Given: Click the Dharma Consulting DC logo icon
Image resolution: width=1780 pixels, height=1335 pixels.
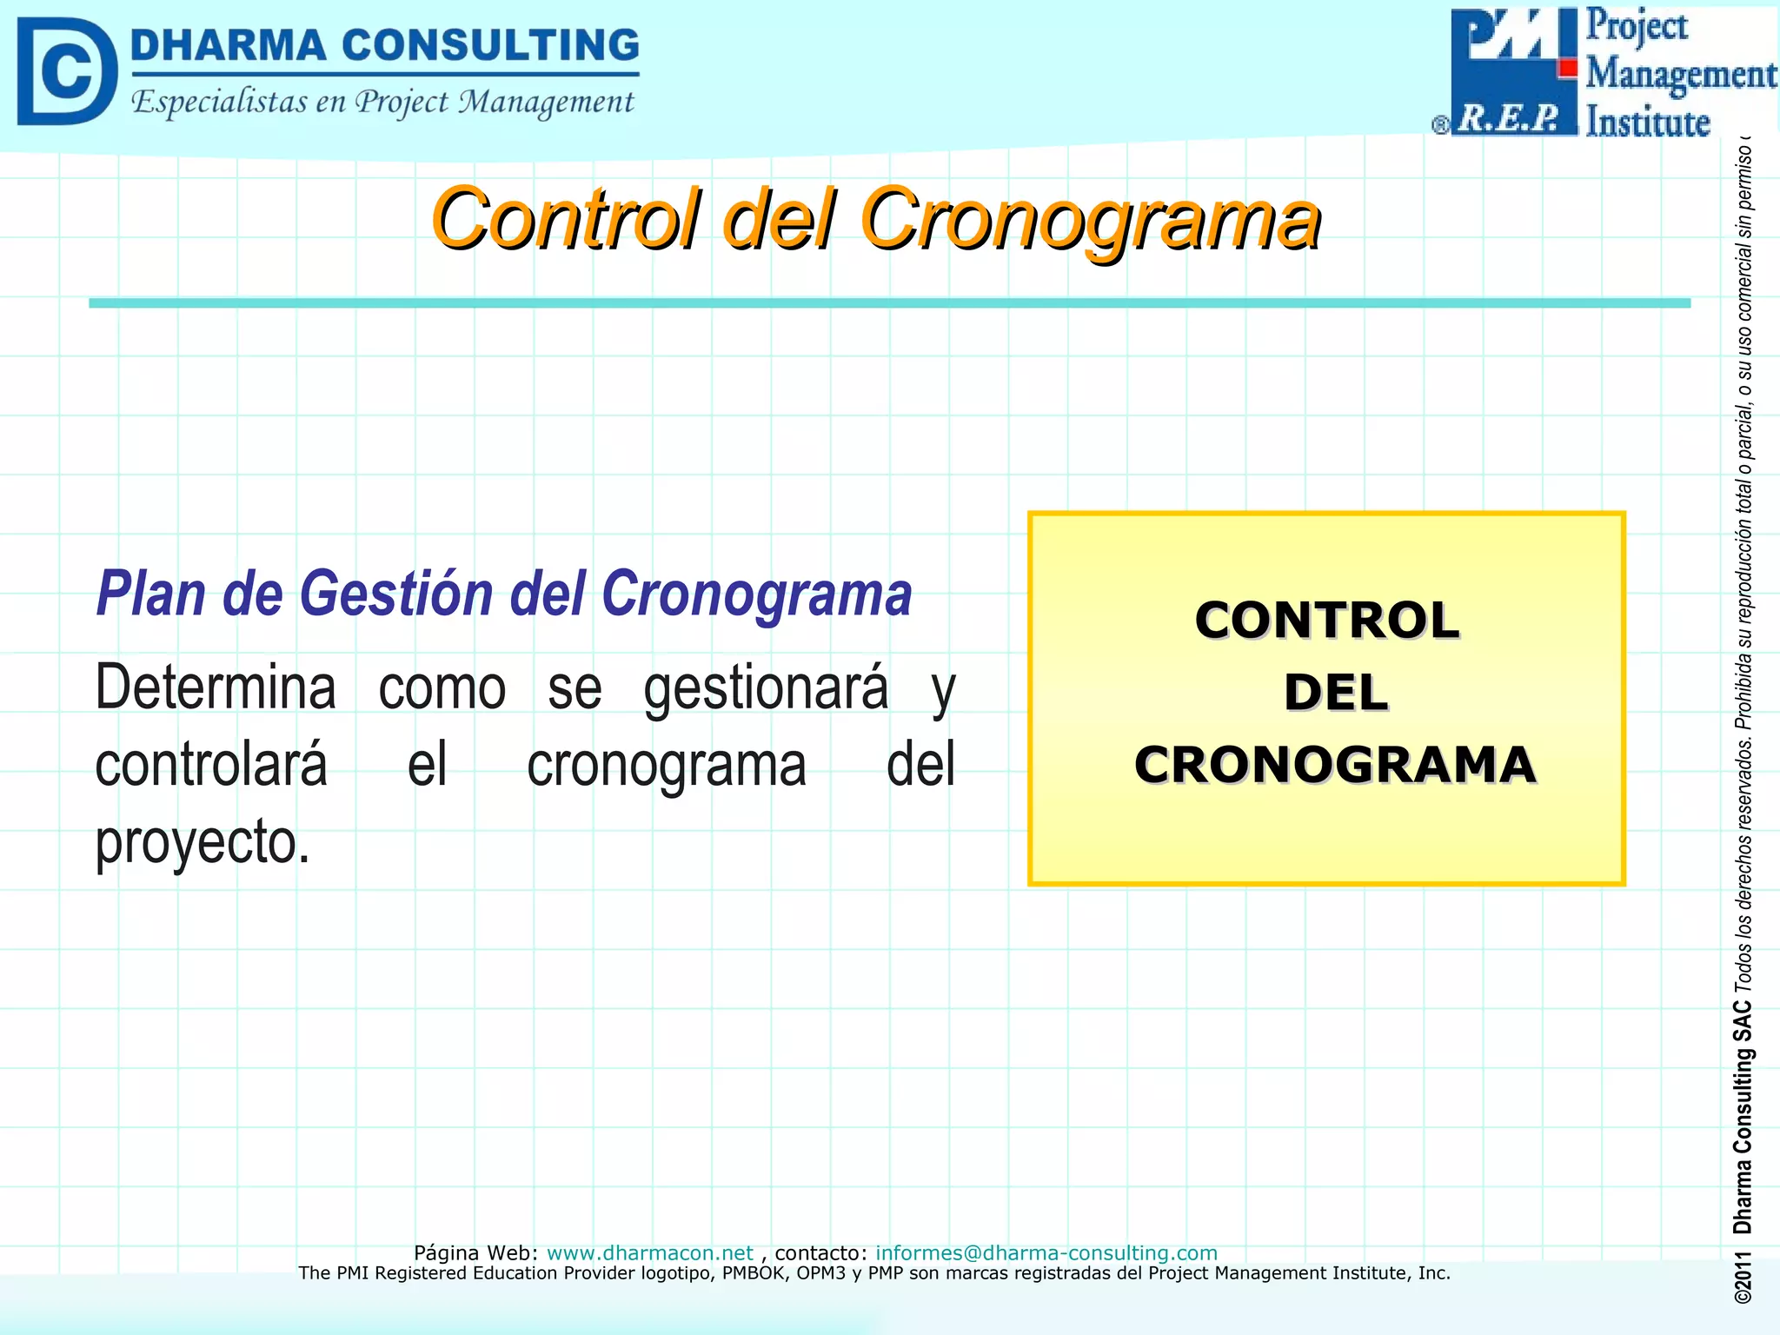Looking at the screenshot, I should [66, 71].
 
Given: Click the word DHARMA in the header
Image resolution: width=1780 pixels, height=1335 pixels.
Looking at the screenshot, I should [228, 45].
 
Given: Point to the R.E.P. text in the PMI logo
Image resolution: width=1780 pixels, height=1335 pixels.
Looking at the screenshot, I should [1509, 118].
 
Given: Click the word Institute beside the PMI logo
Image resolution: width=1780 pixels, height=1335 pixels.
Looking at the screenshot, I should [1647, 122].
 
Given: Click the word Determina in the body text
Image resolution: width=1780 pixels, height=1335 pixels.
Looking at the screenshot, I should [216, 687].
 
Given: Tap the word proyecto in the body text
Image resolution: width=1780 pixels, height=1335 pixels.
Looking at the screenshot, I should [201, 843].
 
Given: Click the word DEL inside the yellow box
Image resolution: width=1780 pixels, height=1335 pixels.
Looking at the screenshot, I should [1335, 693].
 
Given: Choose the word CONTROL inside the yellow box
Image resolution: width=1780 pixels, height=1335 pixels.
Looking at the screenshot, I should [1326, 621].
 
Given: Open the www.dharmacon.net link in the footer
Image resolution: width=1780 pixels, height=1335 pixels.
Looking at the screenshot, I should [649, 1252].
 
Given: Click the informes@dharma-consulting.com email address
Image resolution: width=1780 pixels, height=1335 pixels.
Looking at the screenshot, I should [1046, 1252].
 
